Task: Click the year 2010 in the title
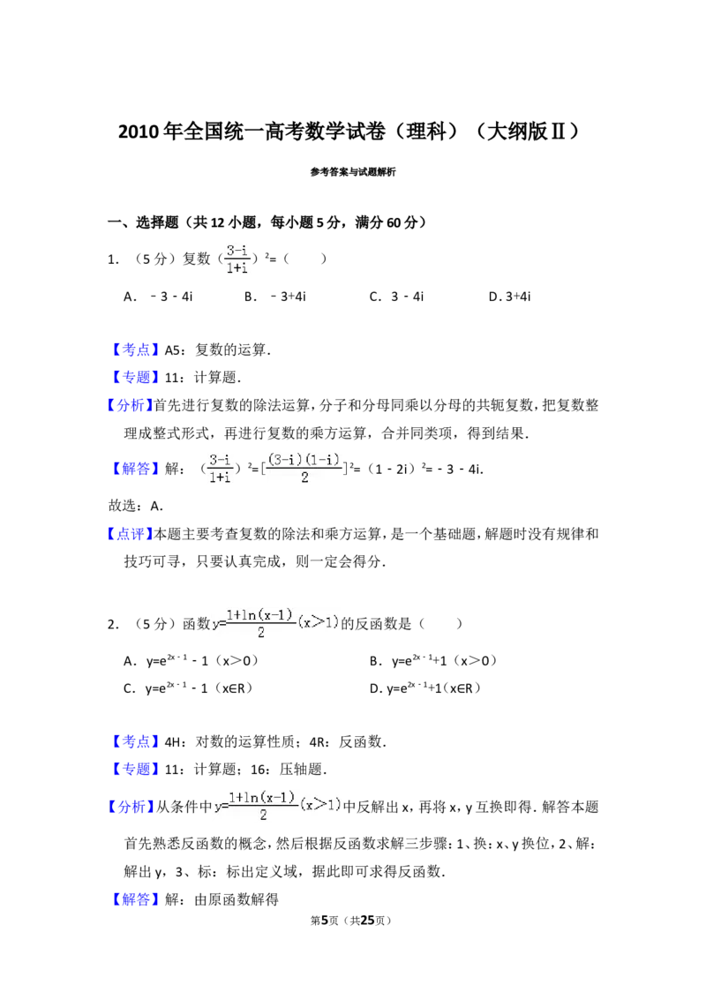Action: tap(139, 132)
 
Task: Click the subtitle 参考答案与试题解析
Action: tap(353, 171)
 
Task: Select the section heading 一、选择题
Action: tap(143, 222)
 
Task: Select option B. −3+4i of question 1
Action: tap(274, 297)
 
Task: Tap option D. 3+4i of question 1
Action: tap(509, 297)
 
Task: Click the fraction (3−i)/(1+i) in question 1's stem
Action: tap(237, 259)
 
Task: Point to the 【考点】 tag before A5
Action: tap(135, 350)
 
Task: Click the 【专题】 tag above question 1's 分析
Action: tap(135, 378)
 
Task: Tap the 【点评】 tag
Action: tap(130, 534)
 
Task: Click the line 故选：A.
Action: tap(136, 506)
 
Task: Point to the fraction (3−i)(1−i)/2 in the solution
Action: tap(304, 469)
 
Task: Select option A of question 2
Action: tap(191, 661)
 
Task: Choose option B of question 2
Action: tap(433, 661)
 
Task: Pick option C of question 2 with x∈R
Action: tap(187, 688)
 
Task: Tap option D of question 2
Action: tap(425, 688)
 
